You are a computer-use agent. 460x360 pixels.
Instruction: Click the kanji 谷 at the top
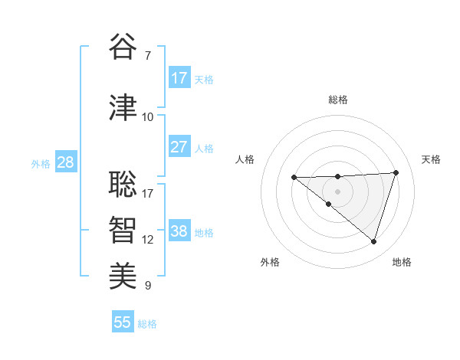coord(123,47)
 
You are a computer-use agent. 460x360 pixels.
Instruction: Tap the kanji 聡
coord(123,184)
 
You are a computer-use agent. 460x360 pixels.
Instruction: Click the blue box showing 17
coord(179,78)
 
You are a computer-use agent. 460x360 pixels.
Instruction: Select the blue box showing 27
coord(179,147)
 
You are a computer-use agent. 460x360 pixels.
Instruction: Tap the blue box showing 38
coord(179,231)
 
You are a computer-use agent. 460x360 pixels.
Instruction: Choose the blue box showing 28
coord(65,162)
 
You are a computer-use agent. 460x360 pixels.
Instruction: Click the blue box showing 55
coord(123,322)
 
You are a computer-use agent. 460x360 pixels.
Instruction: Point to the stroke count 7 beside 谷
coord(148,56)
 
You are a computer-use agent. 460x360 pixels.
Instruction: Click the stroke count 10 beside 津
coord(148,117)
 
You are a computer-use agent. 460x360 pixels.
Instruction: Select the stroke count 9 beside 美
coord(148,286)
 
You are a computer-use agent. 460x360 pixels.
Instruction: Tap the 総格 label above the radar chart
coord(338,100)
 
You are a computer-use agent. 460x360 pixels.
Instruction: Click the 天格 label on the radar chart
coord(431,159)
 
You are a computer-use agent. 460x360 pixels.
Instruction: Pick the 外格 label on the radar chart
coord(270,262)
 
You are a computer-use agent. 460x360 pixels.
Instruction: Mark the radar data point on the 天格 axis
coord(396,172)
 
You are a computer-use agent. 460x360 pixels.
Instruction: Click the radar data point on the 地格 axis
coord(373,241)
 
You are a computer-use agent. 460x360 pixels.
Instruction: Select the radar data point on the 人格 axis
coord(294,178)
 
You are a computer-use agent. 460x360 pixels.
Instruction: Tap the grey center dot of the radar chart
coord(338,191)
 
